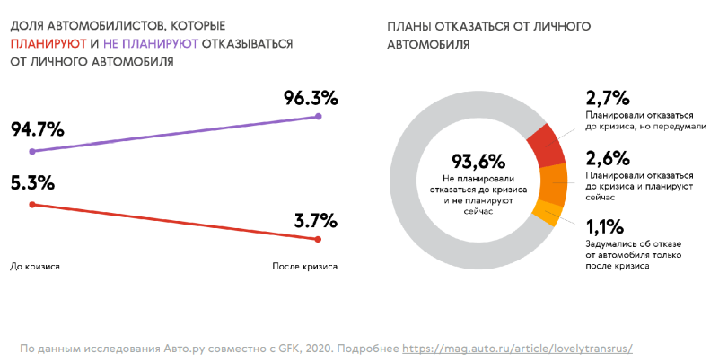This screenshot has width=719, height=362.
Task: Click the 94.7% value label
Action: [x=37, y=128]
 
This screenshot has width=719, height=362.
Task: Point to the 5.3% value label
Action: [x=32, y=182]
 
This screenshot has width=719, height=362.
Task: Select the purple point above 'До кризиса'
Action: [x=32, y=151]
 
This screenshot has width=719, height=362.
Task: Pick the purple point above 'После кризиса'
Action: [x=320, y=117]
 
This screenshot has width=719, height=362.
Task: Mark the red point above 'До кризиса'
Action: [x=32, y=205]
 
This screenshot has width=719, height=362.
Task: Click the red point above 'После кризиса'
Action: [x=320, y=240]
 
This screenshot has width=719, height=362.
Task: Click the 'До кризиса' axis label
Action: [x=33, y=267]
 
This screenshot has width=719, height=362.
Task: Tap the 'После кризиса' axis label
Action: [x=304, y=267]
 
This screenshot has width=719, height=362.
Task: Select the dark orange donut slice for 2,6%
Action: [x=553, y=183]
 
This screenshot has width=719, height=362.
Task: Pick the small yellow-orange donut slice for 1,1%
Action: [x=547, y=213]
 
